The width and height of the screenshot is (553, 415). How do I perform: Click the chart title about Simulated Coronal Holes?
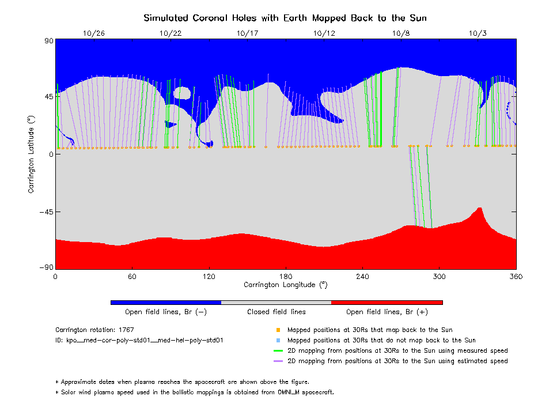click(x=285, y=18)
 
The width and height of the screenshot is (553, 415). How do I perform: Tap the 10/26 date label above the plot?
click(x=94, y=33)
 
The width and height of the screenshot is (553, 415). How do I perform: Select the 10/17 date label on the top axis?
click(x=247, y=33)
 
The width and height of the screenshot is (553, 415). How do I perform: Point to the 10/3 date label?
click(x=478, y=33)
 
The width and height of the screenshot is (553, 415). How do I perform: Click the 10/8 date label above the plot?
click(x=401, y=33)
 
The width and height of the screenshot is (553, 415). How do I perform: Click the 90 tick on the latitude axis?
click(x=48, y=40)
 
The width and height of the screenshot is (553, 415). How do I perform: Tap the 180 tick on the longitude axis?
click(x=286, y=277)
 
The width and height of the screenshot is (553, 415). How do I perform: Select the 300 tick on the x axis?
click(x=440, y=277)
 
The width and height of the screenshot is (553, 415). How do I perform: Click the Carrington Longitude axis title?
click(x=285, y=285)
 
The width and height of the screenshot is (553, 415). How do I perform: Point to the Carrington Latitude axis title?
click(x=32, y=154)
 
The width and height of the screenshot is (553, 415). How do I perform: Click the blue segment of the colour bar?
click(x=166, y=302)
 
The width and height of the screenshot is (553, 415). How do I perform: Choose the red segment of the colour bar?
click(x=387, y=302)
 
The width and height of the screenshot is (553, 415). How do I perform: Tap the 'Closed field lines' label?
click(x=276, y=312)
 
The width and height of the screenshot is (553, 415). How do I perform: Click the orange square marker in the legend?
click(x=278, y=330)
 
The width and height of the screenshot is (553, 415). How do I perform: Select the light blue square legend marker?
click(x=278, y=341)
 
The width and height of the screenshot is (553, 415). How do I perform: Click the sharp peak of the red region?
click(x=479, y=208)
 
